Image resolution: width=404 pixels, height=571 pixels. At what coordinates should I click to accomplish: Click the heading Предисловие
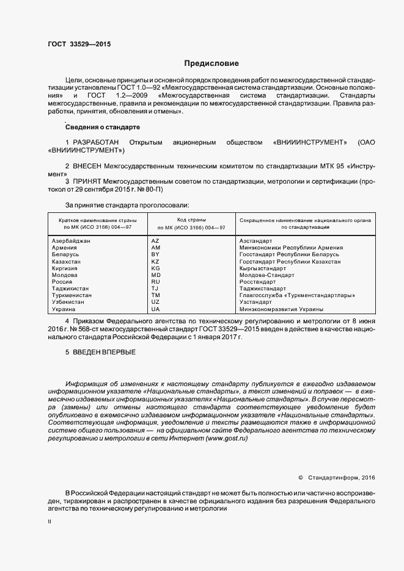(x=211, y=63)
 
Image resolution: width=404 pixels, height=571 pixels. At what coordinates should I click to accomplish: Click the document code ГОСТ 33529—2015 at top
(x=79, y=44)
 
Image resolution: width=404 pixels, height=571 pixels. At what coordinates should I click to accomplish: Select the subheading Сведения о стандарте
(x=102, y=126)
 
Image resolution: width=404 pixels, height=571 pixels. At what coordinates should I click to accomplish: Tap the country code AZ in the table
(x=155, y=241)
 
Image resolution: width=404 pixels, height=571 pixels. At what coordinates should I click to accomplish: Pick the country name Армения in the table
(x=65, y=248)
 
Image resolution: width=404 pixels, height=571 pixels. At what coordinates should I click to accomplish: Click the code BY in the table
(x=155, y=254)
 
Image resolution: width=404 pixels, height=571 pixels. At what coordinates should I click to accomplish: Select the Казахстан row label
(x=67, y=261)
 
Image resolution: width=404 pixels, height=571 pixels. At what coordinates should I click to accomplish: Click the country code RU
(x=155, y=281)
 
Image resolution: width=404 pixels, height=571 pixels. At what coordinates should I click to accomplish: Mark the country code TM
(x=155, y=295)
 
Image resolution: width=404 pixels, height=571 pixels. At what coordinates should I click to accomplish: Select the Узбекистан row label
(x=70, y=301)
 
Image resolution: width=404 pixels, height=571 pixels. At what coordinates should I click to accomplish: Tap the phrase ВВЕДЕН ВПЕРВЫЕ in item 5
(x=104, y=353)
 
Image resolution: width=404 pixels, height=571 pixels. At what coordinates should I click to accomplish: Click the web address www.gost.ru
(x=227, y=439)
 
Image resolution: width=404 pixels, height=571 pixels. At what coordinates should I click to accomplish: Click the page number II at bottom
(x=50, y=522)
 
